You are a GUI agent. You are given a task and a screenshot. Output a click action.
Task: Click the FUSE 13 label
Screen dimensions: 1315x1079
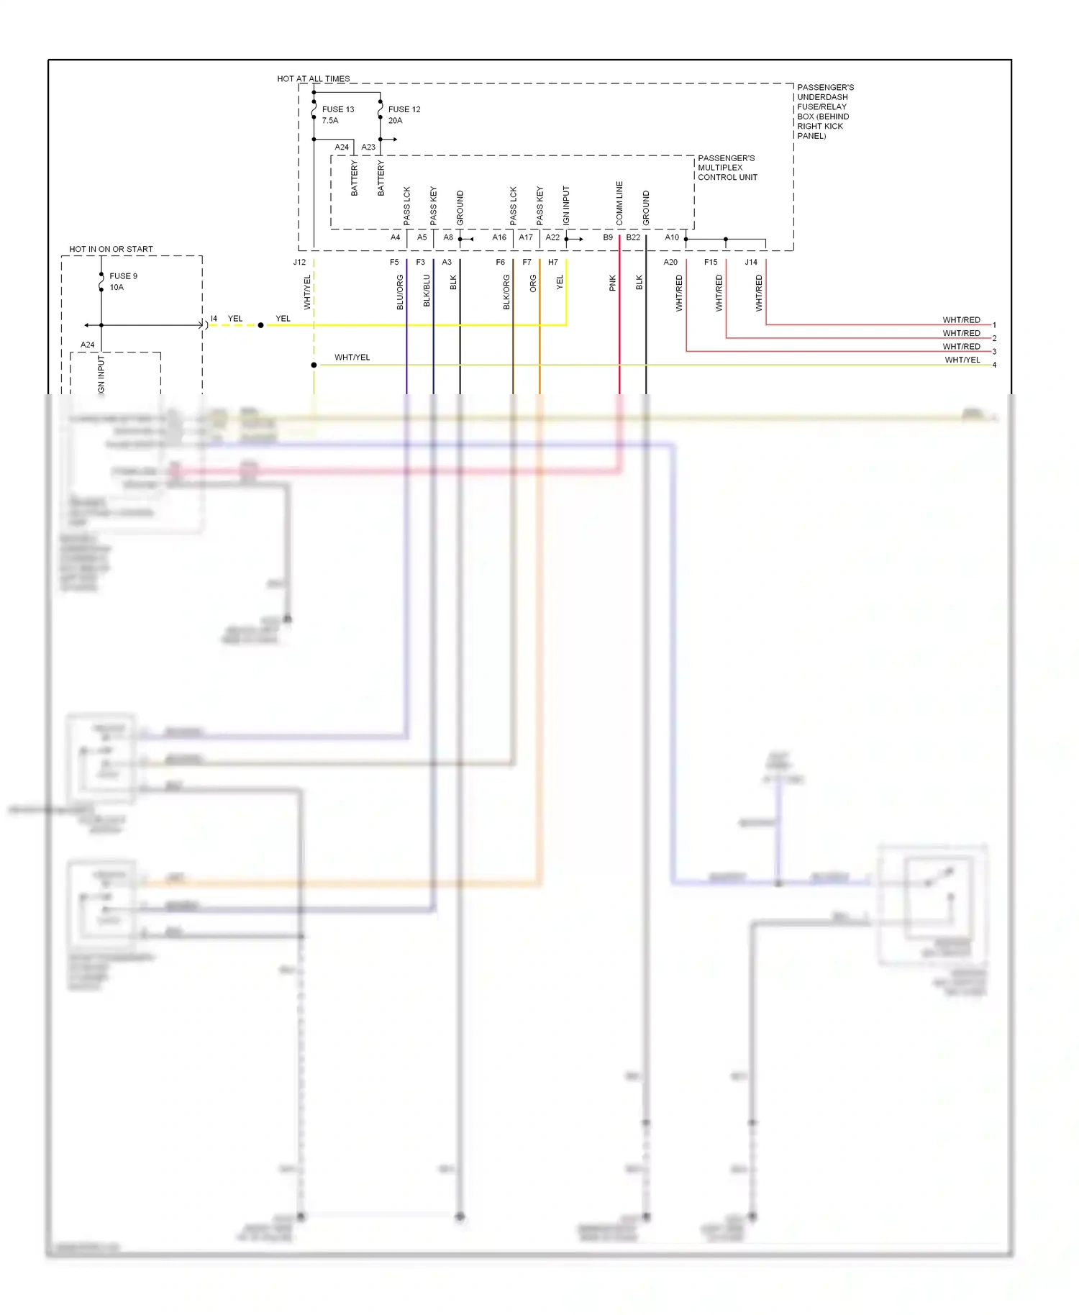click(337, 109)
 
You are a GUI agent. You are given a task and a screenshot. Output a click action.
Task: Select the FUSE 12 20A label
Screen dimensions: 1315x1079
click(404, 114)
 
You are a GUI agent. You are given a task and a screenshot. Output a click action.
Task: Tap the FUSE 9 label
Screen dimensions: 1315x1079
click(123, 276)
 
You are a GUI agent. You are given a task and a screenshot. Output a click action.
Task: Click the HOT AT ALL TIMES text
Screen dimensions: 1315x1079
click(314, 78)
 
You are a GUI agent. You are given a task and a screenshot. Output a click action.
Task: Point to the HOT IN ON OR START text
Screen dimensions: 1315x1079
click(111, 249)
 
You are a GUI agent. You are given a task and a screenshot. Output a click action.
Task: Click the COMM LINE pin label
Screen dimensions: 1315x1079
click(619, 203)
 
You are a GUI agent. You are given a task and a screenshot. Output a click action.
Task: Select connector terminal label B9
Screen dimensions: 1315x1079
click(608, 237)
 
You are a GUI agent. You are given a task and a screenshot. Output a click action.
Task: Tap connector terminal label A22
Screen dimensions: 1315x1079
click(552, 237)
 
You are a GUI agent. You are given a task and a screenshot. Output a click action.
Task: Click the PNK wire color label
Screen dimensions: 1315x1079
click(613, 283)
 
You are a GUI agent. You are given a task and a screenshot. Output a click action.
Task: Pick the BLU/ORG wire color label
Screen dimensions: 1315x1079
click(400, 292)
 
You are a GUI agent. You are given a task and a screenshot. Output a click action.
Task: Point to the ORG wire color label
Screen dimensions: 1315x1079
click(533, 283)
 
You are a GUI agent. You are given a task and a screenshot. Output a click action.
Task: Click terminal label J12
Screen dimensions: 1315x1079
click(299, 263)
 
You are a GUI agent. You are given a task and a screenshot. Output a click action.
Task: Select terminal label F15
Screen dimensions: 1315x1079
click(711, 263)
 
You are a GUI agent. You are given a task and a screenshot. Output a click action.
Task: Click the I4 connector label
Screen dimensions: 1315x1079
click(214, 319)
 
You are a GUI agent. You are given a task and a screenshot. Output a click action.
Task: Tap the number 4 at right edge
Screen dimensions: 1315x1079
click(994, 365)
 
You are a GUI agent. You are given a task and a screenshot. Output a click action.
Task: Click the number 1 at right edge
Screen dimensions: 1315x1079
click(994, 325)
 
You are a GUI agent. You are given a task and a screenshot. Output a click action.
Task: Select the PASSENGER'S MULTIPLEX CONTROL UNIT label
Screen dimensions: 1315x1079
click(727, 168)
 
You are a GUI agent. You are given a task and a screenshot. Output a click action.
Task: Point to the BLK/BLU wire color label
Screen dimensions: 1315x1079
click(427, 291)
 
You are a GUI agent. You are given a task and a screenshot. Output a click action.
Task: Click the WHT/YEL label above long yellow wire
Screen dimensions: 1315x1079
click(352, 358)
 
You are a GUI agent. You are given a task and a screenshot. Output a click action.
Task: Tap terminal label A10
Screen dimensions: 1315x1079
click(672, 237)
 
